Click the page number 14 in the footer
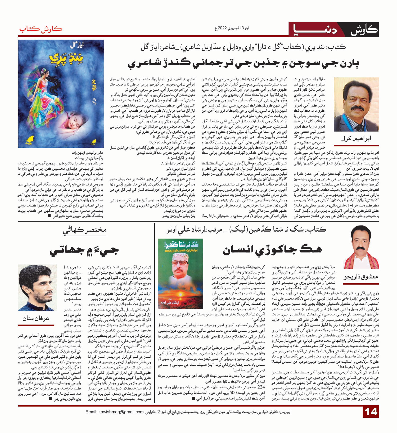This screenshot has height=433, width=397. tap(371, 412)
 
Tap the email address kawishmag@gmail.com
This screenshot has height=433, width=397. tap(114, 412)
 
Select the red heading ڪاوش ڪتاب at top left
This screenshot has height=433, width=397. tap(40, 29)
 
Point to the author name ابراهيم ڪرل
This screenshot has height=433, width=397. tap(356, 139)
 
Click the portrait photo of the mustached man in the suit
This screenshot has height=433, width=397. tap(356, 105)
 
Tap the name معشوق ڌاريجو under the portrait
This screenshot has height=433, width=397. tap(361, 277)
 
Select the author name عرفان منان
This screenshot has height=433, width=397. tap(36, 318)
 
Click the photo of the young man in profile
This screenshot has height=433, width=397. tap(37, 288)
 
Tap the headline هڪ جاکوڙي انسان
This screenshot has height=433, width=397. tap(272, 250)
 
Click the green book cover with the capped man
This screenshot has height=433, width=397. tap(180, 274)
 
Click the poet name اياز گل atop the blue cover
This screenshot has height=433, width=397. tap(77, 45)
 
